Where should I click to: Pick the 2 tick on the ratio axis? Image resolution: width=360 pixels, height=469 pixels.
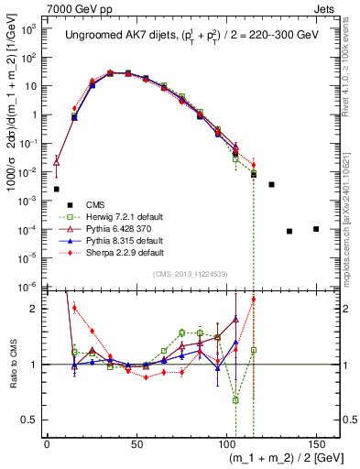tap(37, 309)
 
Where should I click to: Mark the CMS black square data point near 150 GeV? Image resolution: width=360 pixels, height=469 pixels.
tap(316, 229)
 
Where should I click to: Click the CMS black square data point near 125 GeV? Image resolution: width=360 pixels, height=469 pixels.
tap(271, 184)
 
